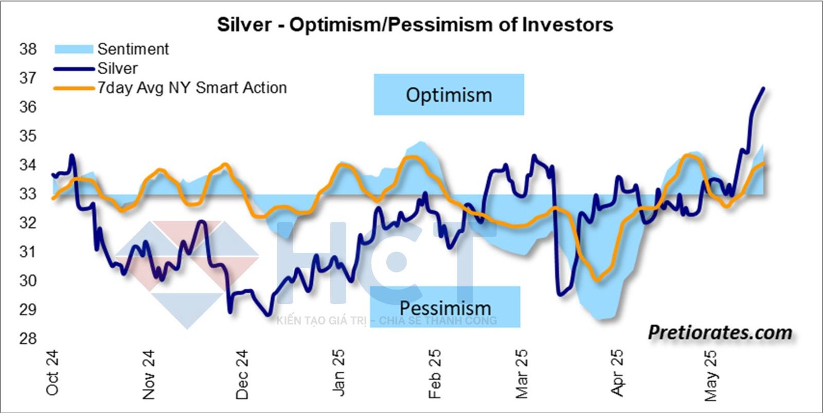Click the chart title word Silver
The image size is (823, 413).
[x=244, y=25]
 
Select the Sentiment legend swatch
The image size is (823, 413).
[x=74, y=49]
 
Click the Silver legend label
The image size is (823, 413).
[x=118, y=68]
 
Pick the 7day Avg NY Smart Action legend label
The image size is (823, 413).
[x=192, y=88]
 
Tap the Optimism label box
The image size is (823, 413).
[x=449, y=95]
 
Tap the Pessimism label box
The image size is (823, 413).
[x=445, y=307]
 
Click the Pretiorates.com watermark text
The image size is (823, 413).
[x=720, y=333]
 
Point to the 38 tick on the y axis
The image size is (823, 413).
[x=28, y=49]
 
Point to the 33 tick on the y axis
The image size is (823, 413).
[x=28, y=194]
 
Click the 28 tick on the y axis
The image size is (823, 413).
[x=28, y=339]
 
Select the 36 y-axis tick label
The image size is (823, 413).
[x=28, y=107]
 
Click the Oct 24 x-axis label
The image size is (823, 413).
[x=52, y=373]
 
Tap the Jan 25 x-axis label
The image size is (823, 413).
[x=338, y=373]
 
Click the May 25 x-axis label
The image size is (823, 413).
[x=710, y=375]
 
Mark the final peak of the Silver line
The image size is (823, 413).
[x=763, y=89]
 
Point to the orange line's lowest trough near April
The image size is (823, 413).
[x=597, y=280]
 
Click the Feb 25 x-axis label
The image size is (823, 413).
[x=435, y=374]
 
